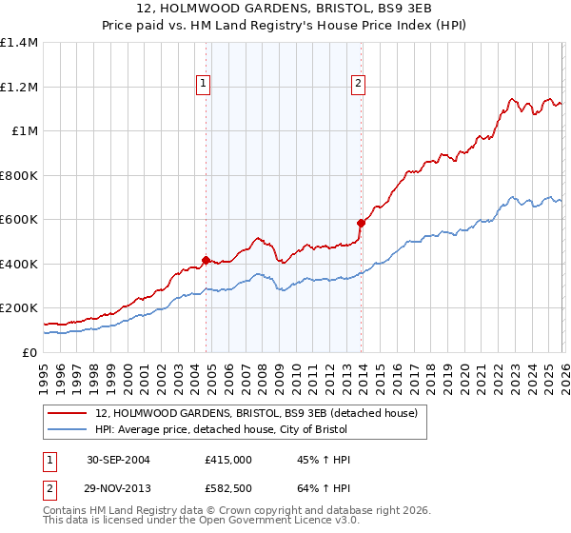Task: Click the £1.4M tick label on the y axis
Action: click(x=19, y=43)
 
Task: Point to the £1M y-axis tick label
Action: click(x=25, y=131)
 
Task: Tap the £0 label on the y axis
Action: click(x=30, y=352)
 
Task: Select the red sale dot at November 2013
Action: click(x=361, y=224)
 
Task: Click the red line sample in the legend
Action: click(x=69, y=413)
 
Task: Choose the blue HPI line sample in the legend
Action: click(x=69, y=430)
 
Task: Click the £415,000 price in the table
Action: click(x=228, y=460)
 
